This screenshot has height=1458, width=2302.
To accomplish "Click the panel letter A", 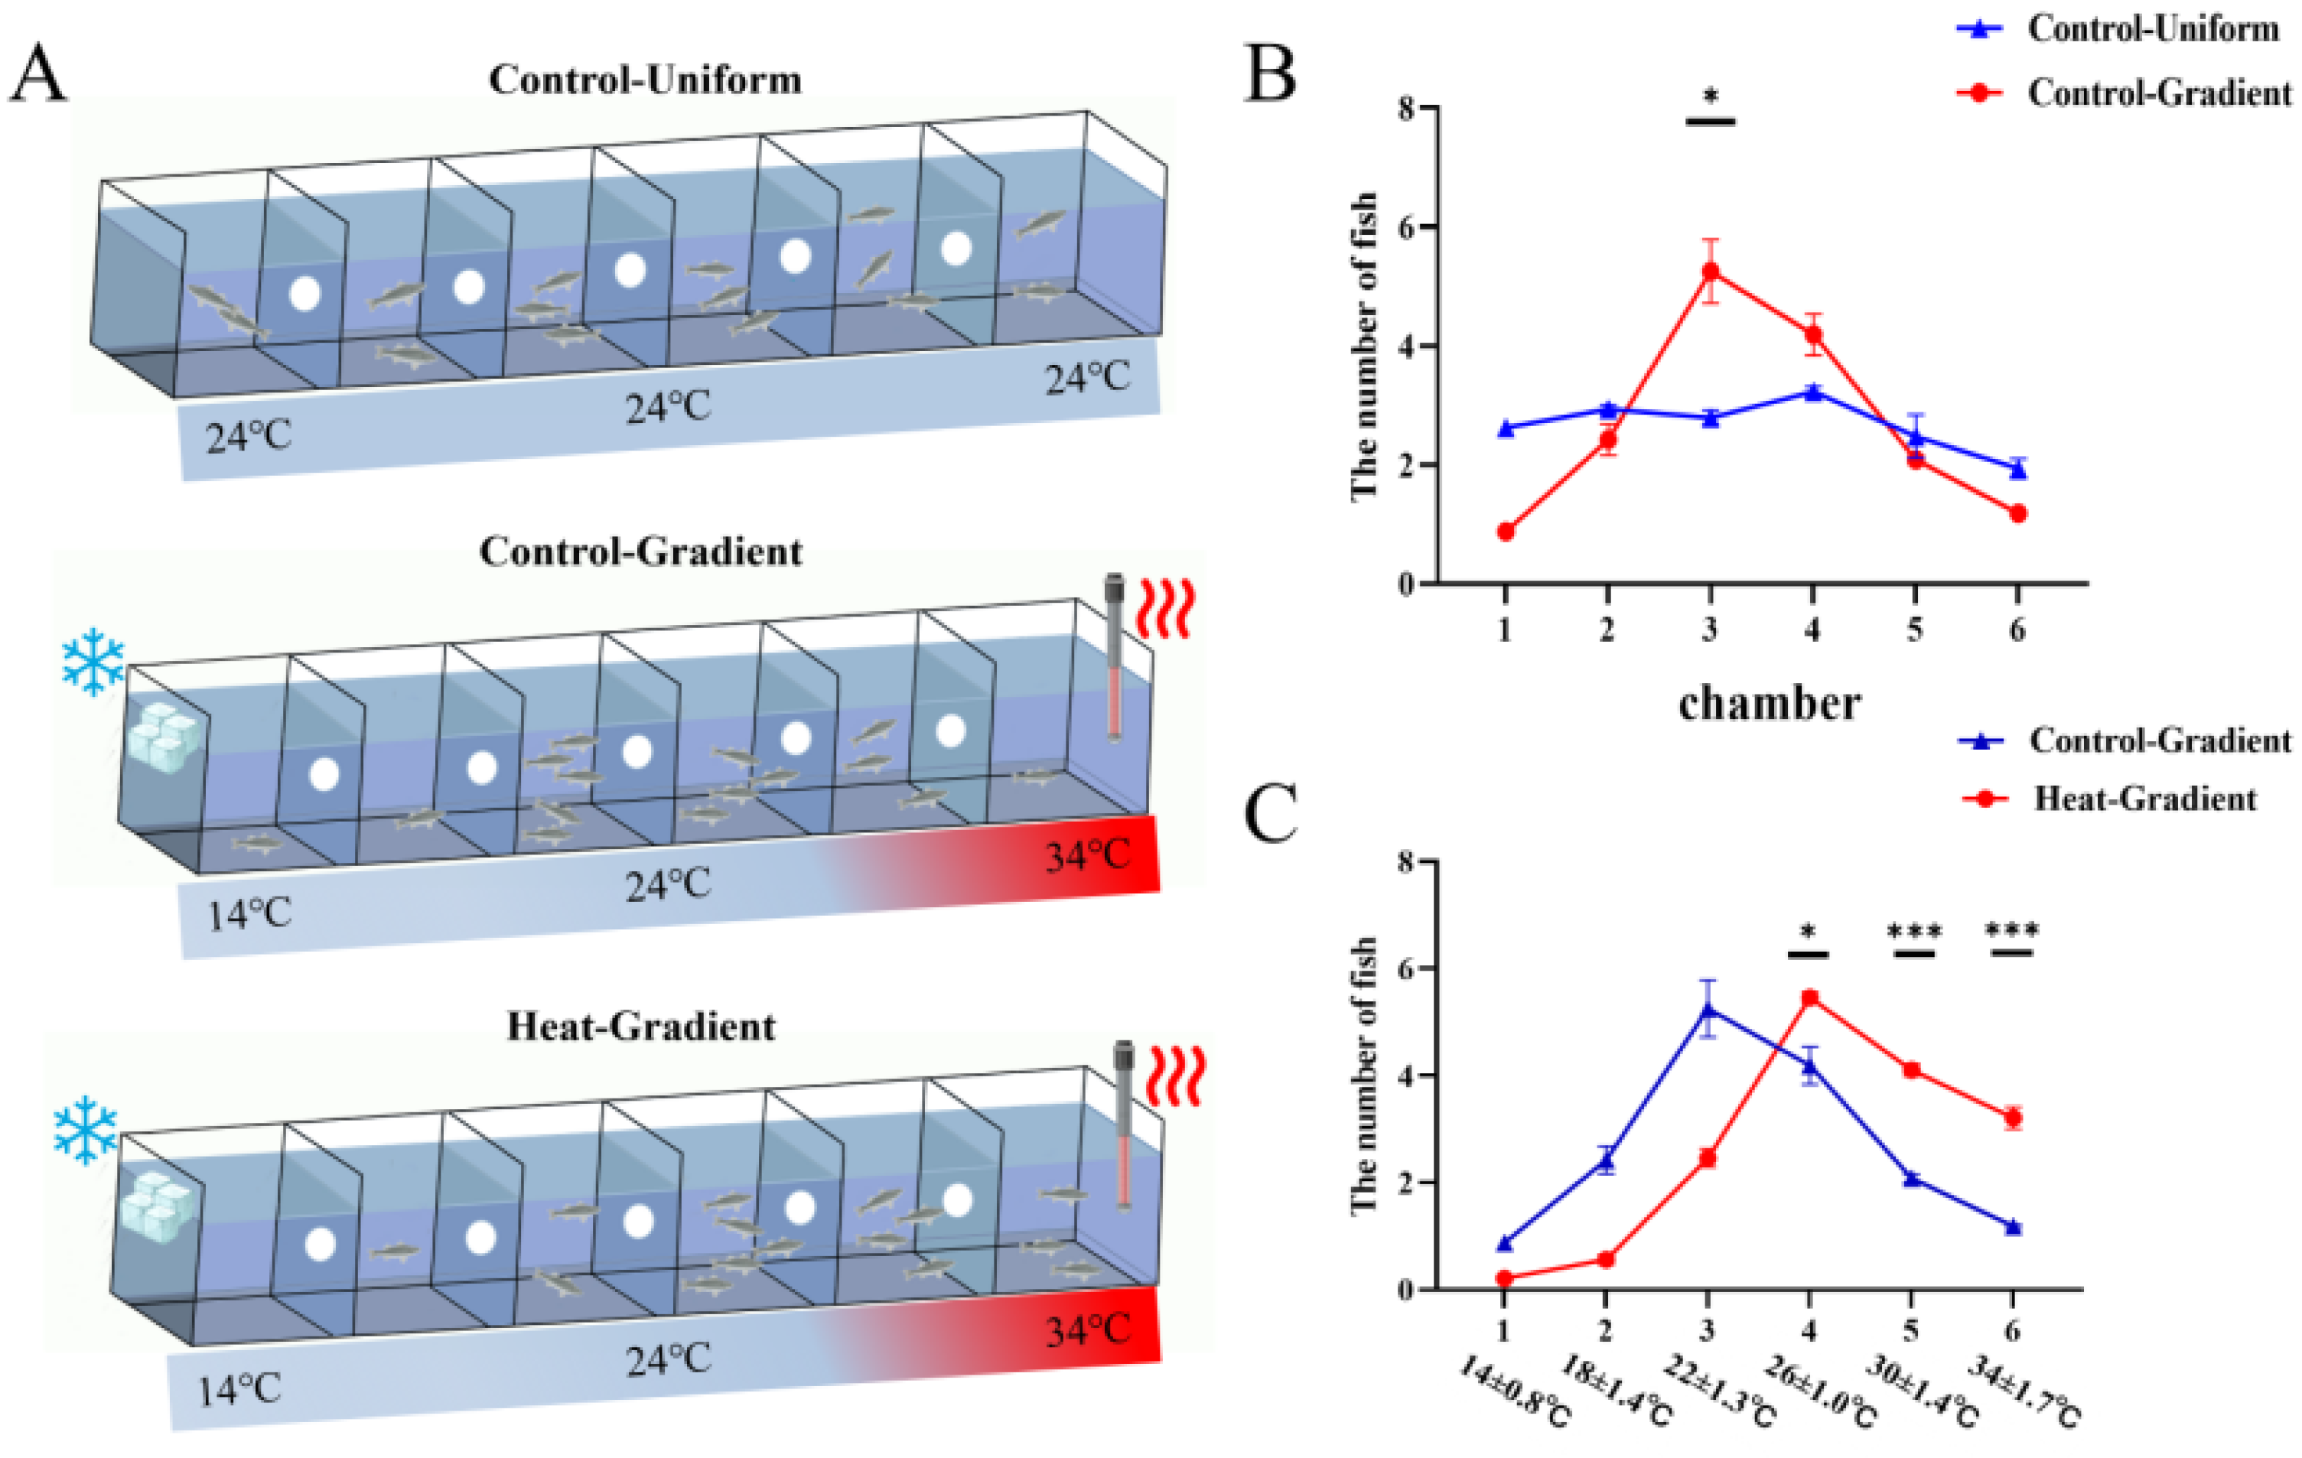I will click(x=38, y=74).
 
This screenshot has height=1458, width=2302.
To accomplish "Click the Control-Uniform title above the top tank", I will click(x=645, y=80).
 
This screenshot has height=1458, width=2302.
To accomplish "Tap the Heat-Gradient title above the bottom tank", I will click(x=640, y=1027).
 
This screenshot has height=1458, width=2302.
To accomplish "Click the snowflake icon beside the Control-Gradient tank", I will click(x=93, y=662).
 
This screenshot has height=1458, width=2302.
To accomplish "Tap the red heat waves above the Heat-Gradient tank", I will click(x=1177, y=1075).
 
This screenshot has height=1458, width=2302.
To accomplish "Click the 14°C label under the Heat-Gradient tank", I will click(x=239, y=1389).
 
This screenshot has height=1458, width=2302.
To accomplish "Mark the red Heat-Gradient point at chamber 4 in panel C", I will click(x=1809, y=998).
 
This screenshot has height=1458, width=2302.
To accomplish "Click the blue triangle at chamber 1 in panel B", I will click(x=1506, y=428).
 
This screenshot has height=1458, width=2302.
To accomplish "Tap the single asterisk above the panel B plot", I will click(x=1711, y=96).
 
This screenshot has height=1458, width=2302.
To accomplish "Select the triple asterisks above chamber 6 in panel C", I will click(x=2011, y=929).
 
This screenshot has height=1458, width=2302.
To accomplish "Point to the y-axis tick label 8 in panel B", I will click(x=1405, y=108).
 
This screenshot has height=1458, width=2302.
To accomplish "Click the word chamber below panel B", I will click(x=1769, y=705).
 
